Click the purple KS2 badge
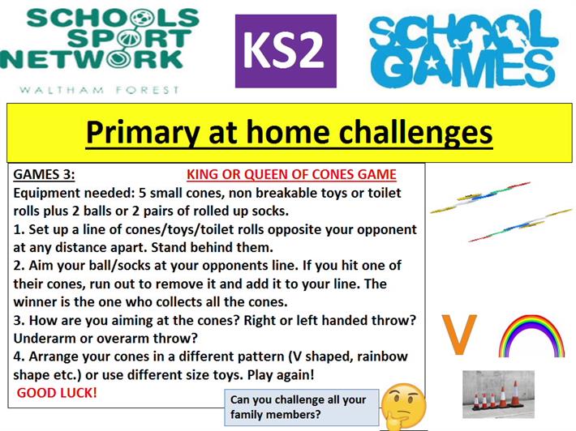(286, 51)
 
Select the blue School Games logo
(464, 49)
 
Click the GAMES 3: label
(44, 174)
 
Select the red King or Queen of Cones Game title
(291, 174)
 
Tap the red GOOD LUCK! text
(57, 393)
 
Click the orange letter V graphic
(459, 334)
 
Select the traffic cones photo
(498, 394)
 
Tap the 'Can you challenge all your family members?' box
(302, 408)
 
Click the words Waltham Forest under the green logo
(99, 90)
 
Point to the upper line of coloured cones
(480, 198)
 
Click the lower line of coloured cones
(521, 225)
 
